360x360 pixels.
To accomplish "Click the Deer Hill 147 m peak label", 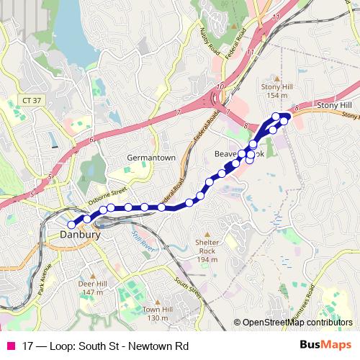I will [91, 288].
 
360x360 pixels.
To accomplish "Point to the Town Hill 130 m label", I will [157, 313].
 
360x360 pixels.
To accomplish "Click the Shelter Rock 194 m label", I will [207, 252].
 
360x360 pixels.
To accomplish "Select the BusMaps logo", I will [326, 346].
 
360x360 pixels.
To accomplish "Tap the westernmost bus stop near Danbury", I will [71, 224].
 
